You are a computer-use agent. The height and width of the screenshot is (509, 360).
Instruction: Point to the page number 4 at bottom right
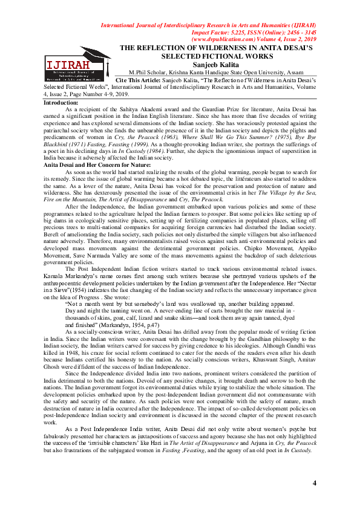click(x=314, y=482)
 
